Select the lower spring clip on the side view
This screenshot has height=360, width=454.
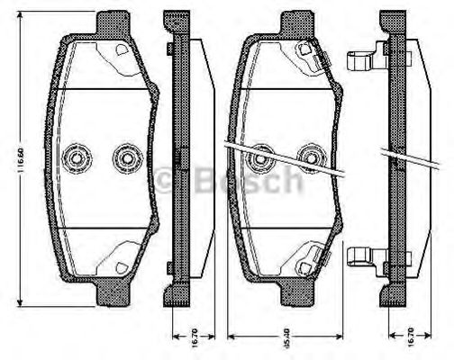[x=361, y=259]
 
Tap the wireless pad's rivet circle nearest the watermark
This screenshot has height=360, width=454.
[x=124, y=158]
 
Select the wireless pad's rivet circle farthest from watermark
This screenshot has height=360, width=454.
[x=75, y=158]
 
